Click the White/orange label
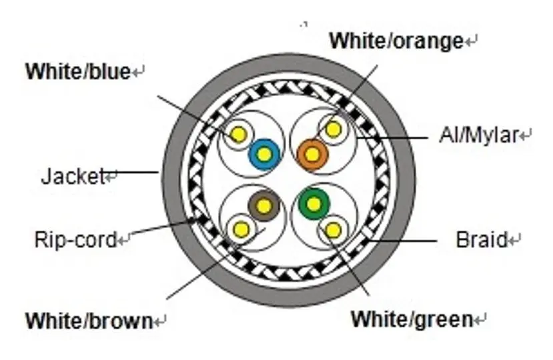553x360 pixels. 396,41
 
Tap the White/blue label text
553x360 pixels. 78,71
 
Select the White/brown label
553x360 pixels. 89,321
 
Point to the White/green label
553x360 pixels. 412,319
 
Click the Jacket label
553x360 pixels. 73,176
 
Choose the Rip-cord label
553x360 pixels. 75,239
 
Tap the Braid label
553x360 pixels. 482,240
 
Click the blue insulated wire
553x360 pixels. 264,154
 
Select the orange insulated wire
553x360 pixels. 312,154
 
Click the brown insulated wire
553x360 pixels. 263,205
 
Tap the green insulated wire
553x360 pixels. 314,204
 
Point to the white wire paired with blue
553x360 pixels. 239,135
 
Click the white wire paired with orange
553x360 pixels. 333,129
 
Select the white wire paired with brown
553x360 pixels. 241,229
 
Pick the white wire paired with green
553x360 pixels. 333,231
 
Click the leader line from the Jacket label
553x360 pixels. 132,173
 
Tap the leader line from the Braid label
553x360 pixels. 403,241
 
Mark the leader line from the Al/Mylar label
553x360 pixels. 392,137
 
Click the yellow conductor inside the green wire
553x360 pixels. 314,204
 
